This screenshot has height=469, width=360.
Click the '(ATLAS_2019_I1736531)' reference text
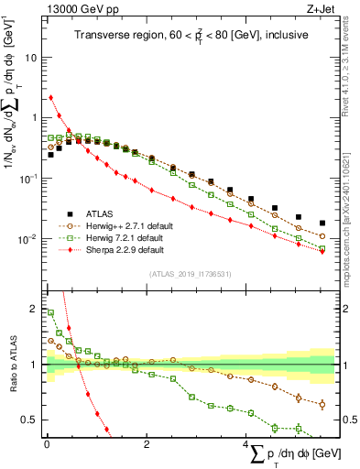pyautogui.click(x=191, y=274)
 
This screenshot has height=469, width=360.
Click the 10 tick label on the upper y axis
pyautogui.click(x=29, y=57)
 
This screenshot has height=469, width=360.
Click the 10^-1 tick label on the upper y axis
pyautogui.click(x=27, y=179)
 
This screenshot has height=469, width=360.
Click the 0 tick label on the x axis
pyautogui.click(x=47, y=444)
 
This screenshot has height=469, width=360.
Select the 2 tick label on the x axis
pyautogui.click(x=147, y=444)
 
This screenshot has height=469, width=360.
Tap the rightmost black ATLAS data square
pyautogui.click(x=322, y=224)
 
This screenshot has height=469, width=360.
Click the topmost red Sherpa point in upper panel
pyautogui.click(x=50, y=97)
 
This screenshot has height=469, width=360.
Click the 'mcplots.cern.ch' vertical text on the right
pyautogui.click(x=351, y=229)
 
